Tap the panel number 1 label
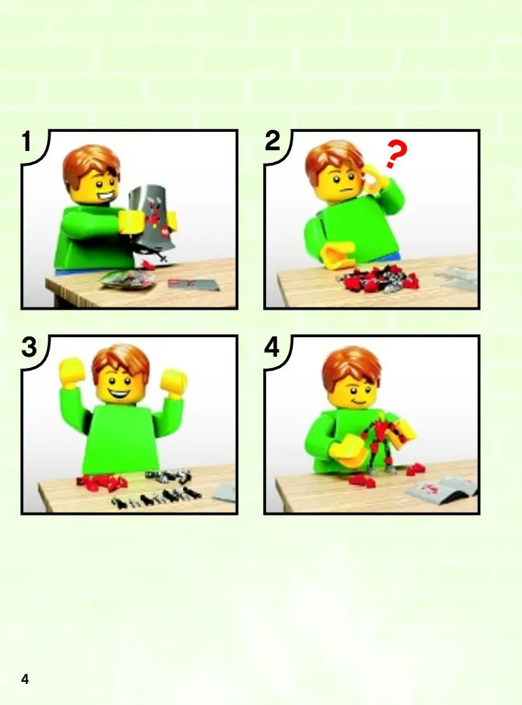[27, 141]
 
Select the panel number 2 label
[272, 141]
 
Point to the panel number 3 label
[29, 347]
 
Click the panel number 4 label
[272, 347]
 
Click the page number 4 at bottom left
[25, 678]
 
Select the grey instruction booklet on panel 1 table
[194, 284]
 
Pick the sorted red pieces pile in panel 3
[103, 482]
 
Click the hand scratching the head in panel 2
[374, 177]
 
